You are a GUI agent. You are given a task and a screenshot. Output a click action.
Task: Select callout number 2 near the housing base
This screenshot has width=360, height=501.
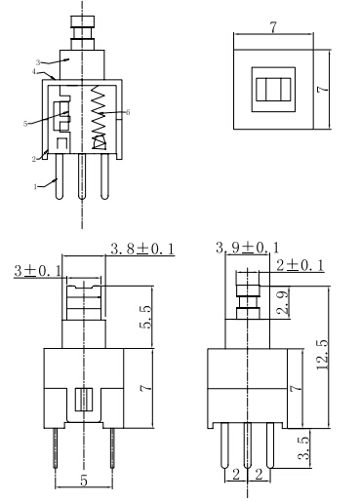point(34,158)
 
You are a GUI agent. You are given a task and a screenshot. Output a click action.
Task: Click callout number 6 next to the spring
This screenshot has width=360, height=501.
point(128,114)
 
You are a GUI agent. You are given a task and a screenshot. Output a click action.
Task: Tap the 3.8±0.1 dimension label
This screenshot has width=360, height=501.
point(141,249)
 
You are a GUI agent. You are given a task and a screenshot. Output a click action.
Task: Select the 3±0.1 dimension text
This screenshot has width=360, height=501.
point(36,269)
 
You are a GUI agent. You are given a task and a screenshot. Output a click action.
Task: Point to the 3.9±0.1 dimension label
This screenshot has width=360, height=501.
point(247,248)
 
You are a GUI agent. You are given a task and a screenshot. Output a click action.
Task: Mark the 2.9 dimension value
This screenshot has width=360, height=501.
point(281,301)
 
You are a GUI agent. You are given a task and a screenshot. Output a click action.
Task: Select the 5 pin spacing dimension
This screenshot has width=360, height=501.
point(84,480)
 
